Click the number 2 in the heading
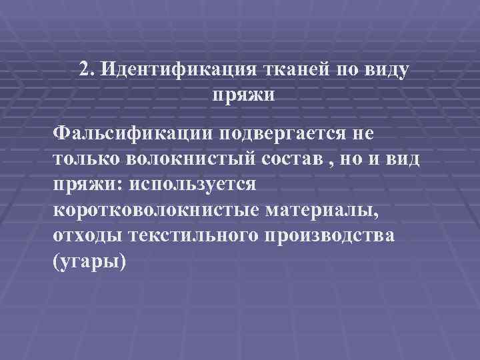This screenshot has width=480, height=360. coord(83,69)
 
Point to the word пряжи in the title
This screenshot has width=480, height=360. coord(243,95)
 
